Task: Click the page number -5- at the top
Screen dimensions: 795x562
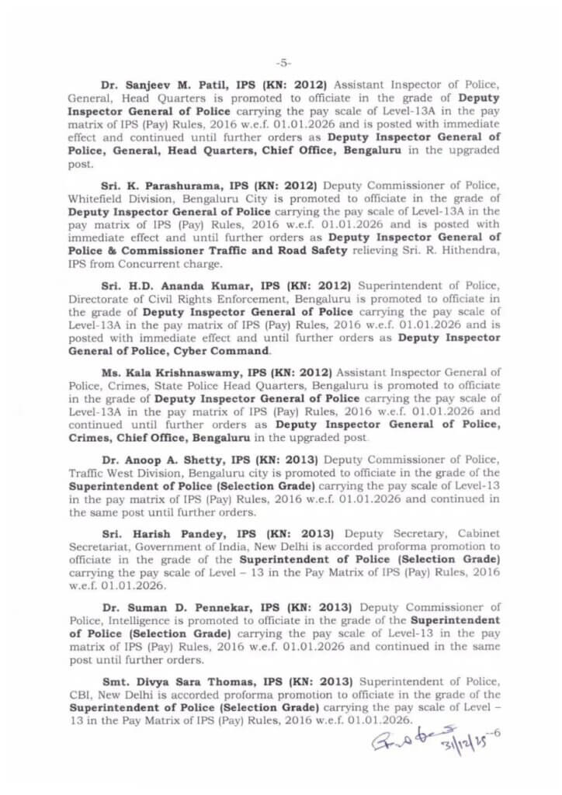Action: pos(283,63)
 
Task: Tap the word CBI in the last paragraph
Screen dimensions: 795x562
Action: pos(79,695)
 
